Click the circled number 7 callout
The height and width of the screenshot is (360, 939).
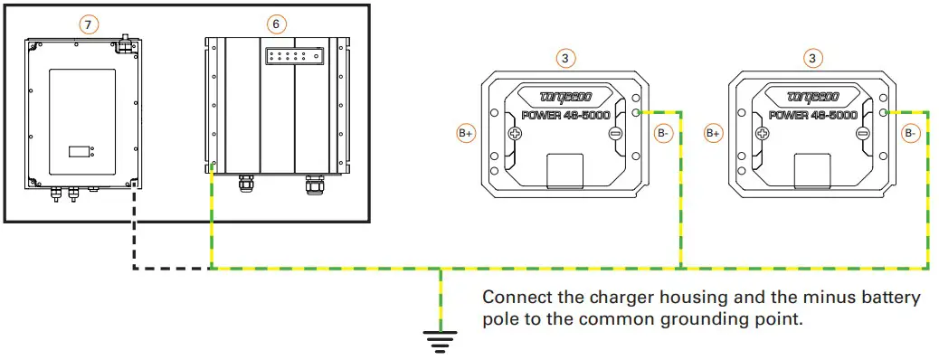click(x=87, y=25)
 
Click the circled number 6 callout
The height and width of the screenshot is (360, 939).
click(x=276, y=21)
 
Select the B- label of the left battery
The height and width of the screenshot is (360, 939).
click(x=663, y=134)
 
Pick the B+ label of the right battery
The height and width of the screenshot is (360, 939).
click(x=714, y=134)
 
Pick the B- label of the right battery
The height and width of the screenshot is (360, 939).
click(x=910, y=134)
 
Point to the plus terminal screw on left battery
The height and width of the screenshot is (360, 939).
click(x=516, y=134)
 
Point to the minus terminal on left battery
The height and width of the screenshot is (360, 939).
click(x=615, y=134)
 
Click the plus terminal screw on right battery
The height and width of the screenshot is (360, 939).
click(x=764, y=134)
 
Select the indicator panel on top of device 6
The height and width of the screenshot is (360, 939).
click(x=291, y=56)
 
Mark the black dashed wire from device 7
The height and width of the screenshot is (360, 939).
click(x=134, y=244)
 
